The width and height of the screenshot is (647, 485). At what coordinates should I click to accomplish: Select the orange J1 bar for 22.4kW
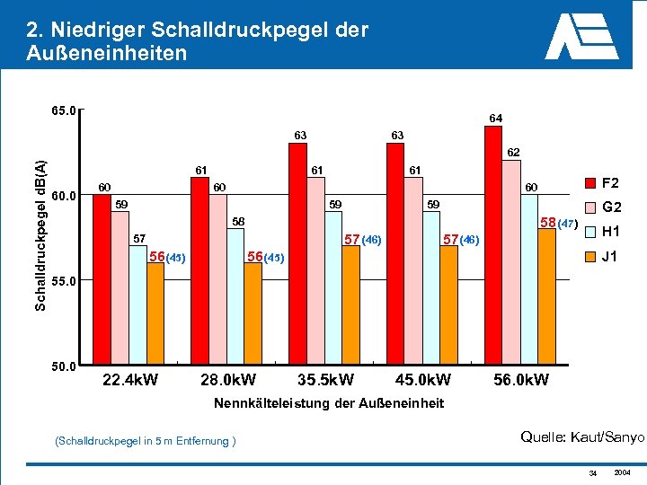click(x=155, y=313)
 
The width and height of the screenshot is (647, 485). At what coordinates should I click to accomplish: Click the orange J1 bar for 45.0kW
click(x=448, y=305)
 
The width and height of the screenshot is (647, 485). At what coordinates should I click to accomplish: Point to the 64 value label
click(x=495, y=118)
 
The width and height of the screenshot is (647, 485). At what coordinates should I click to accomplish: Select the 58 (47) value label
click(x=558, y=222)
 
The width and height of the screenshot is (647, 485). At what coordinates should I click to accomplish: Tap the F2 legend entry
click(x=602, y=183)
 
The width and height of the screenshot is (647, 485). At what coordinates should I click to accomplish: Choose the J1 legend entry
click(x=602, y=257)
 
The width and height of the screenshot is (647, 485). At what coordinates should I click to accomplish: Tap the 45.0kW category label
click(x=422, y=380)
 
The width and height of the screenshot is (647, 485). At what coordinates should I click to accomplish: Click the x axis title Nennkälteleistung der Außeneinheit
click(x=329, y=403)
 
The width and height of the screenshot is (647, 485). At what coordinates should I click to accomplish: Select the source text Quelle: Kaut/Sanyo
click(x=582, y=437)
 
